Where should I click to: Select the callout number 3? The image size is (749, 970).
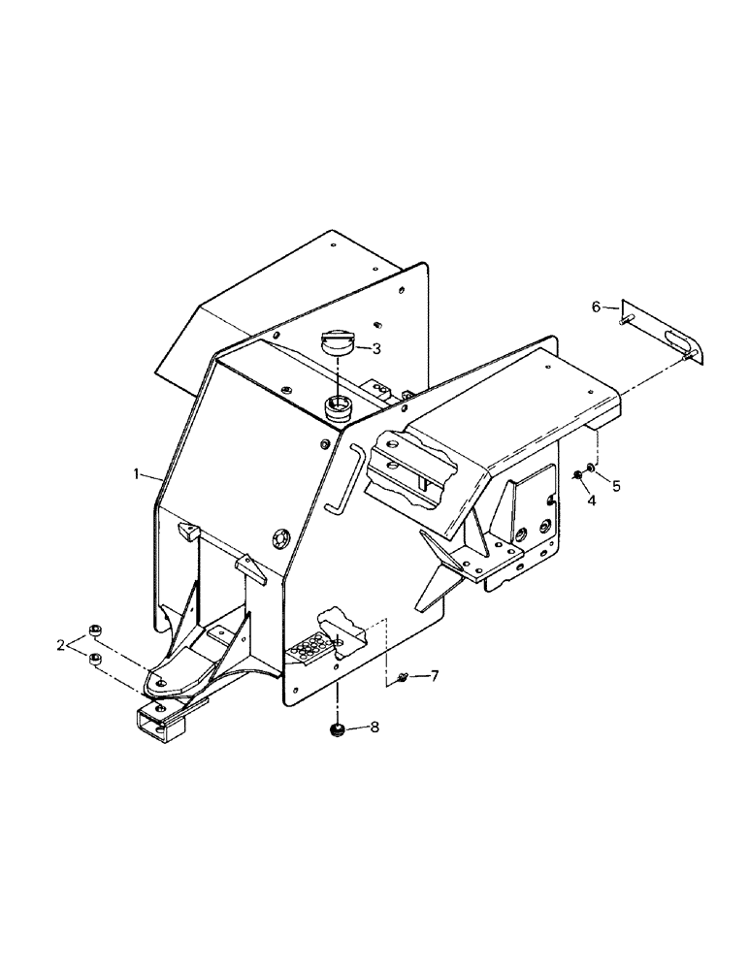[375, 347]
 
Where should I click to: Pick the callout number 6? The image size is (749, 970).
[596, 307]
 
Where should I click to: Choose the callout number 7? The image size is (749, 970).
[434, 674]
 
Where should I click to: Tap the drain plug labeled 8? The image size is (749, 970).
[339, 729]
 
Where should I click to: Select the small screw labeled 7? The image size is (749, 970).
[402, 679]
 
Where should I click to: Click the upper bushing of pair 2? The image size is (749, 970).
[95, 631]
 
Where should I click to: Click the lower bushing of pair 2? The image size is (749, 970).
[95, 661]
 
